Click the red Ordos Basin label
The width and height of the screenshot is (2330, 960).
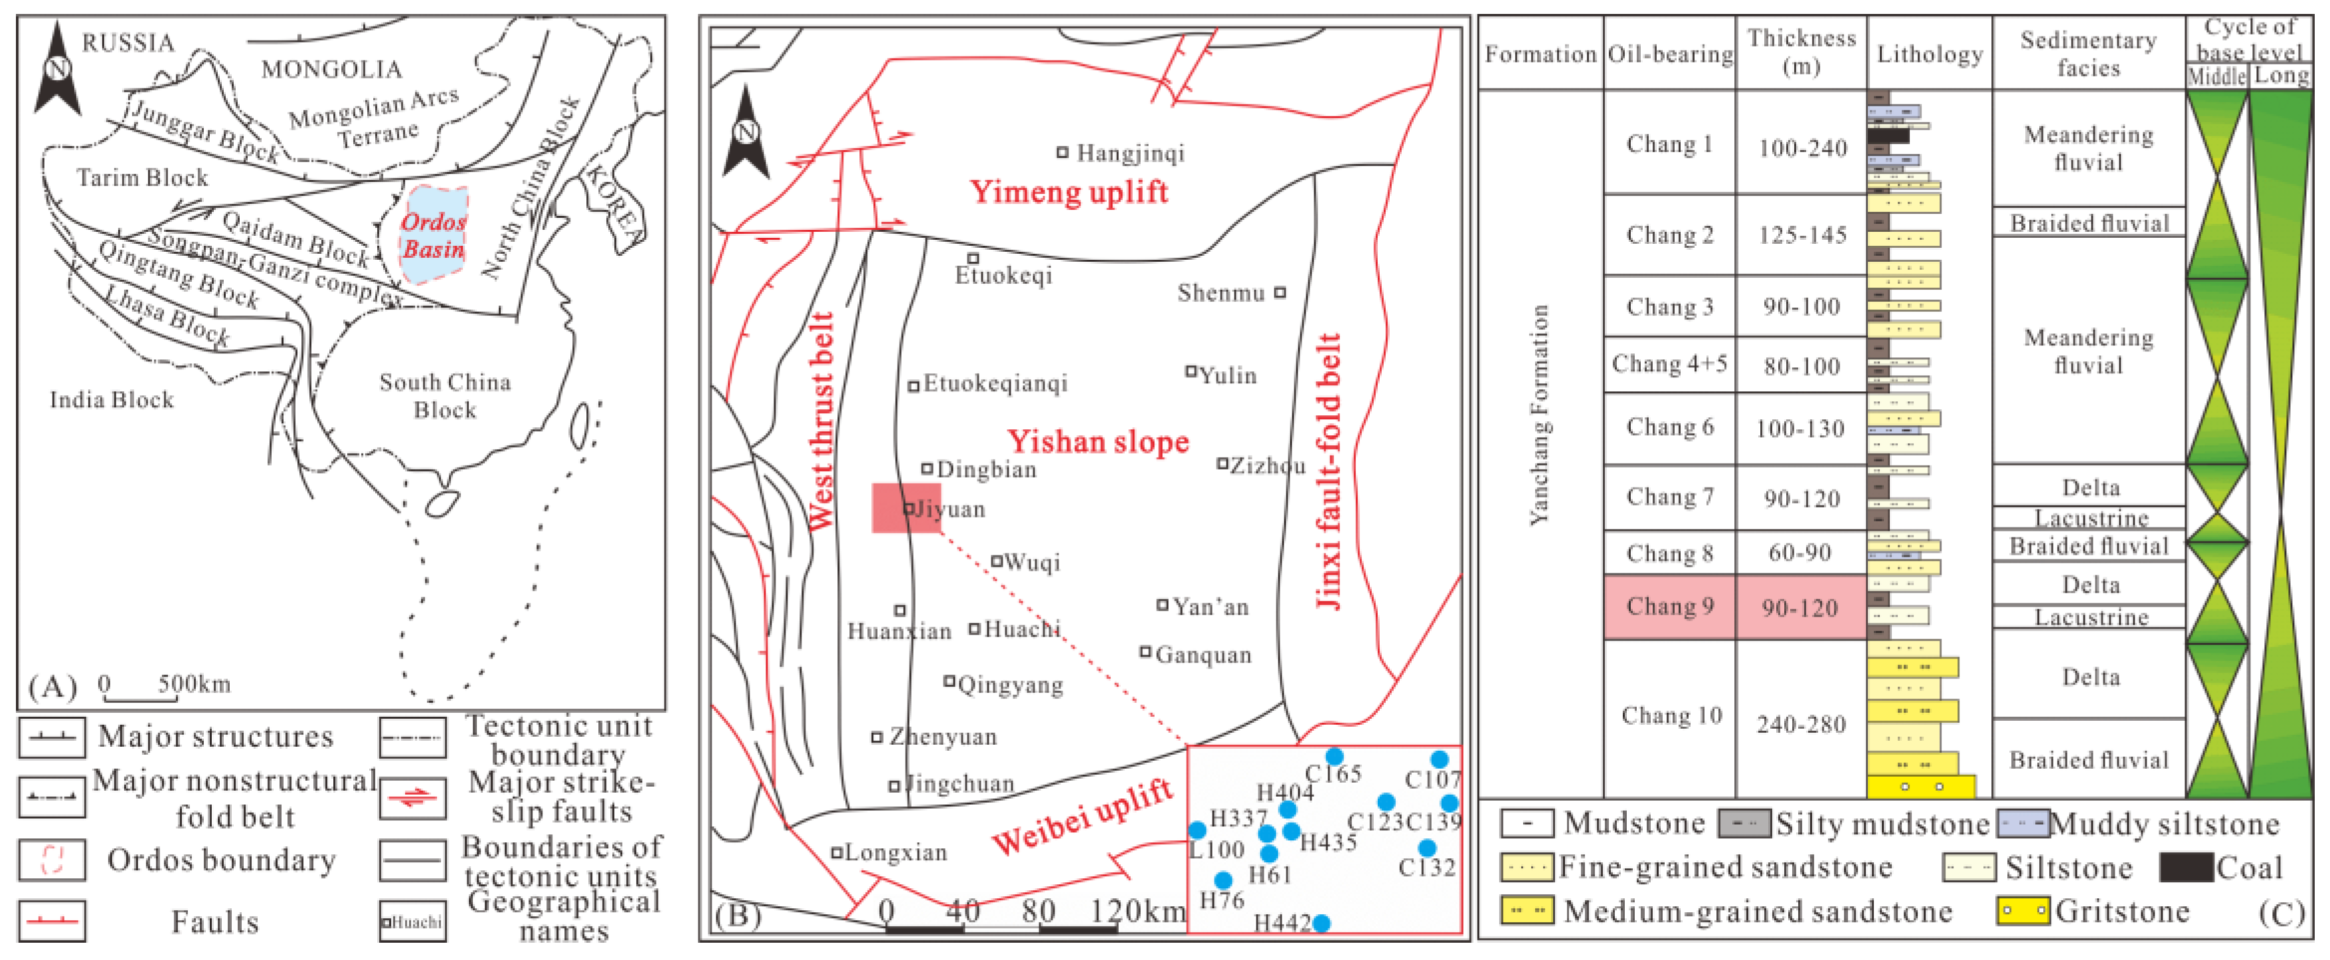[x=433, y=235]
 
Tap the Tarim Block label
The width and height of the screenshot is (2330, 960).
[x=142, y=177]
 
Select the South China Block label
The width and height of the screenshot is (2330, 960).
[x=445, y=395]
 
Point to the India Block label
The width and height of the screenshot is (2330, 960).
[x=112, y=400]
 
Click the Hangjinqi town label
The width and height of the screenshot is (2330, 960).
[x=1129, y=153]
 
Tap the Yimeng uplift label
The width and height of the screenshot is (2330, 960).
[x=1068, y=193]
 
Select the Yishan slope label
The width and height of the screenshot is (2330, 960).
[x=1098, y=442]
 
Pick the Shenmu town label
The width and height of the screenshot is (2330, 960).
[x=1221, y=293]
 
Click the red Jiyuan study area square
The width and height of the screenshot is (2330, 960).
[x=906, y=508]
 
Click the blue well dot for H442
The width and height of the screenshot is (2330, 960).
[x=1321, y=923]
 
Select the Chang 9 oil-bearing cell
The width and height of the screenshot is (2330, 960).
[x=1670, y=606]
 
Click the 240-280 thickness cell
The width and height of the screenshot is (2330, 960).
[x=1801, y=724]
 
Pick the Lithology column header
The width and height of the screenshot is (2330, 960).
[x=1930, y=54]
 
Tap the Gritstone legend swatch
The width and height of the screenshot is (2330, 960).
[x=2023, y=911]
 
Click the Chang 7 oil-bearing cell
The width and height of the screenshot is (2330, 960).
[x=1670, y=497]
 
